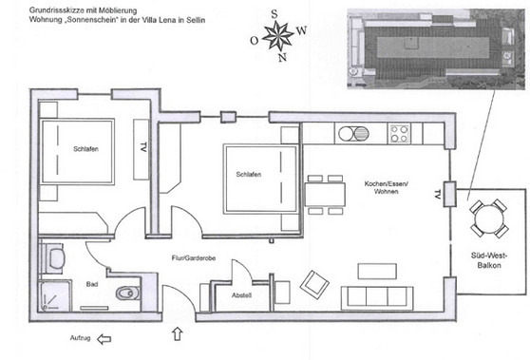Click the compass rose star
(278, 36)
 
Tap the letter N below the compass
(280, 57)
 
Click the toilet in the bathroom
(124, 294)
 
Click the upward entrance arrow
(177, 333)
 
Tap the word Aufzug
(80, 338)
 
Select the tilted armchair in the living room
(313, 282)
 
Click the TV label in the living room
(438, 195)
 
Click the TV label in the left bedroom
(142, 148)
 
